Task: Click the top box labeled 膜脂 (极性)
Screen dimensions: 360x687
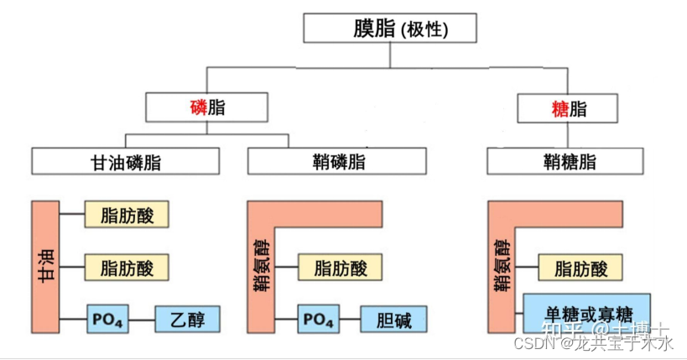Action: (390, 29)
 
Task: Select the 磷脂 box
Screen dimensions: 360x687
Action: (206, 107)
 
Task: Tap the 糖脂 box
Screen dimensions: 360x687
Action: (568, 108)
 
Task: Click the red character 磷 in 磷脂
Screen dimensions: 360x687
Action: (198, 107)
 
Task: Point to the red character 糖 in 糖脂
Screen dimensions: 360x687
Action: (559, 109)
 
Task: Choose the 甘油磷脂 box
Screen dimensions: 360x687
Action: (126, 162)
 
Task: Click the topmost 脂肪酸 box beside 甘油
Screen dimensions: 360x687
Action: (127, 215)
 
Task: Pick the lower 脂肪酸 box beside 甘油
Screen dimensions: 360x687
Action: (127, 268)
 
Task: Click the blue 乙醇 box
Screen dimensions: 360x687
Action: (186, 320)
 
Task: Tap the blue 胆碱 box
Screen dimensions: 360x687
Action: (394, 320)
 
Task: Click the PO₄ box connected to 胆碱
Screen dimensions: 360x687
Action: (318, 320)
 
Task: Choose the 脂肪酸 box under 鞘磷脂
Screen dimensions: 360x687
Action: (341, 269)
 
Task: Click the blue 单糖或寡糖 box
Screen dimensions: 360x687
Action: (586, 312)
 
